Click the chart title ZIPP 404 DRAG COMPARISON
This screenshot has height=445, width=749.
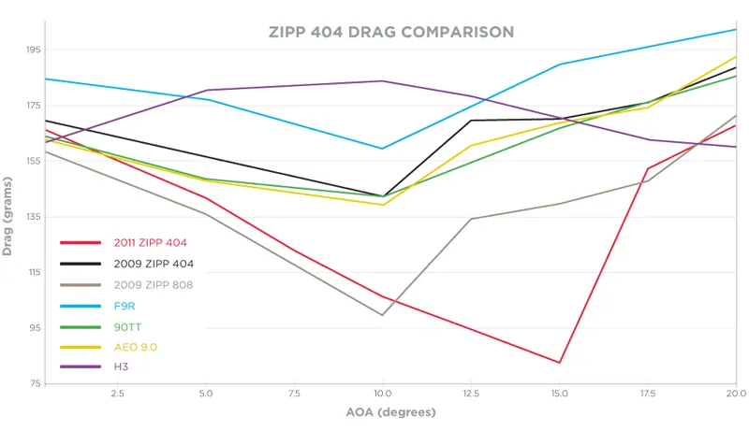click(390, 32)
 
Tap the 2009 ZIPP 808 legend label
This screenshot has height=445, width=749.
click(154, 284)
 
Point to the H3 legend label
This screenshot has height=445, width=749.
click(122, 366)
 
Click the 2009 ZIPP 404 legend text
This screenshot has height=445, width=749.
click(154, 264)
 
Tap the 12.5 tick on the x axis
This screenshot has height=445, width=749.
click(471, 395)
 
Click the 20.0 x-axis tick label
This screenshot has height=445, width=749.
click(736, 395)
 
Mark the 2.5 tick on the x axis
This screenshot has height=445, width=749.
click(117, 395)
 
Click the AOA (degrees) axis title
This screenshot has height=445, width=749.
click(390, 412)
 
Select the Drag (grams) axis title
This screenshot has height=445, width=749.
click(8, 217)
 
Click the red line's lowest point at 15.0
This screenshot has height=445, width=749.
click(559, 363)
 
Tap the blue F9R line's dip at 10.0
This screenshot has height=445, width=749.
click(382, 149)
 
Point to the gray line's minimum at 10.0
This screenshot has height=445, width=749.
click(382, 315)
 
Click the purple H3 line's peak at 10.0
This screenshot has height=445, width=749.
click(382, 80)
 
